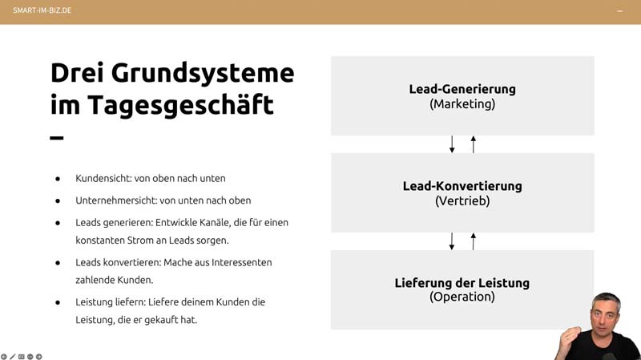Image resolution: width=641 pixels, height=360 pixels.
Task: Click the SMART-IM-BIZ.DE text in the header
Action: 42,10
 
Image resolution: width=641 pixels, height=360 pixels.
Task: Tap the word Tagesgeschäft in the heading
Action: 180,106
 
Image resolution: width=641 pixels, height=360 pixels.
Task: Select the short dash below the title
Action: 57,138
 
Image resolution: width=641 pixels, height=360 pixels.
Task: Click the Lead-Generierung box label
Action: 462,89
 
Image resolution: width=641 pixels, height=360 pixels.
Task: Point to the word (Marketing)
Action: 462,104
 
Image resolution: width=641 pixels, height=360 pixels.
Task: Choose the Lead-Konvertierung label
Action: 462,186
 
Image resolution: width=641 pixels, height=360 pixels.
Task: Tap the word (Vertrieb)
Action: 462,201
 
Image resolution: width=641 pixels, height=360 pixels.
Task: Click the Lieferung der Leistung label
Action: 462,283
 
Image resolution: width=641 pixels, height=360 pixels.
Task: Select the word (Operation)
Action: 462,297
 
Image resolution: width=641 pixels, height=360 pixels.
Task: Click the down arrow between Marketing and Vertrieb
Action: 452,144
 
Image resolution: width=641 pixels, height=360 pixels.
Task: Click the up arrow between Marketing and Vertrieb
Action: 474,144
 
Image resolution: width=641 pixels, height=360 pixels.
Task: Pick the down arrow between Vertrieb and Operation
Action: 452,241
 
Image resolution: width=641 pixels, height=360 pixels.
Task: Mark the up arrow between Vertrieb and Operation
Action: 474,241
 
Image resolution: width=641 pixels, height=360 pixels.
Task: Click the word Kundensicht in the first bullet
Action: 103,178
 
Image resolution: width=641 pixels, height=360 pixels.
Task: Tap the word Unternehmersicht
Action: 115,200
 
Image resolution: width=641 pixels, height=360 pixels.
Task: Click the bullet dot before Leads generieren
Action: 58,223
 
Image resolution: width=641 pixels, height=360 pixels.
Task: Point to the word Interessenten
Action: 242,262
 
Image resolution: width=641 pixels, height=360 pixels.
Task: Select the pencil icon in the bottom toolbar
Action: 13,357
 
